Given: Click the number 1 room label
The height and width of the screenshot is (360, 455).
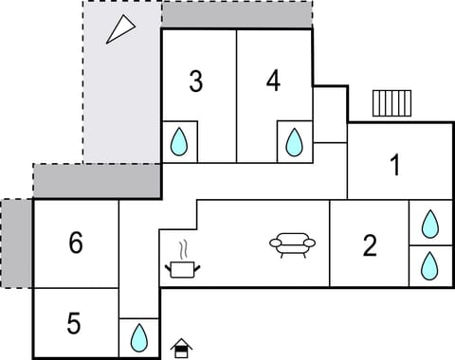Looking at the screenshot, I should tap(395, 166).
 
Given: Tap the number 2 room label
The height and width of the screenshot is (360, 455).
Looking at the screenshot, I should tap(371, 245).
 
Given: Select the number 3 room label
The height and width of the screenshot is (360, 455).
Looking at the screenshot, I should tap(195, 81).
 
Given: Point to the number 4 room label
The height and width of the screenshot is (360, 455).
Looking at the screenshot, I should tap(273, 81).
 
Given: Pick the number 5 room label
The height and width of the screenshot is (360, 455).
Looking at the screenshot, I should tap(74, 324).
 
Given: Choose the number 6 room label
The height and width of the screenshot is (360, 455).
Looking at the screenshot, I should tap(76, 243).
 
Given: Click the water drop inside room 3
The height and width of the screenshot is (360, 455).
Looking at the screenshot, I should tap(178, 143).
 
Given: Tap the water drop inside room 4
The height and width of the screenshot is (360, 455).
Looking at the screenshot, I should tap(295, 143).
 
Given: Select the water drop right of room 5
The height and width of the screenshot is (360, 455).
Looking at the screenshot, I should tap(139, 337).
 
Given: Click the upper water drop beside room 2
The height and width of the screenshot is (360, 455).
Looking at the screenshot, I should tap(430, 224).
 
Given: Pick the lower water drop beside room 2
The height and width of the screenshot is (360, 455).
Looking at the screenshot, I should tap(430, 264).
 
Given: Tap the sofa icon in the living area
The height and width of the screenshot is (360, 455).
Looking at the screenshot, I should tap(292, 246).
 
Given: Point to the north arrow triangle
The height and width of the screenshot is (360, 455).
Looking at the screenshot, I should tap(119, 29).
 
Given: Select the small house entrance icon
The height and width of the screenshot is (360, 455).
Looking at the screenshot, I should tap(181, 348).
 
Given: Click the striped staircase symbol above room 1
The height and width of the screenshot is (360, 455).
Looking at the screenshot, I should tap(391, 101).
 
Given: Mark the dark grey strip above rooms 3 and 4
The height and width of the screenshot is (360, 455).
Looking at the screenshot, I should tap(237, 14).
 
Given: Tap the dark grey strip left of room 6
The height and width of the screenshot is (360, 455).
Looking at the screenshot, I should tap(16, 243).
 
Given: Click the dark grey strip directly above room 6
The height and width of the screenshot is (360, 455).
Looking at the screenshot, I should tap(97, 181).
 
